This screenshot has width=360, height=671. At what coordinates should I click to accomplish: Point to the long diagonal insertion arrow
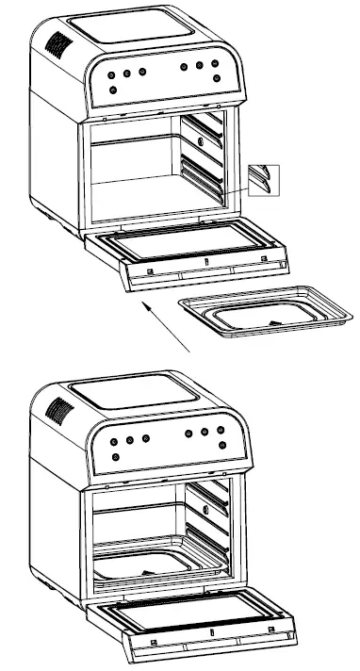point(165,325)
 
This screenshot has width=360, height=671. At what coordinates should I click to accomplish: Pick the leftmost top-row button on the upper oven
point(111,75)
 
